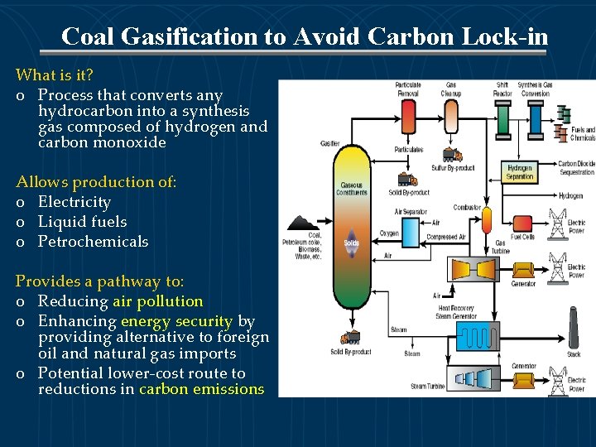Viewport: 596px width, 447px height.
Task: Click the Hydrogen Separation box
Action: click(520, 172)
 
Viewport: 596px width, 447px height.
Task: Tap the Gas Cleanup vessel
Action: click(452, 116)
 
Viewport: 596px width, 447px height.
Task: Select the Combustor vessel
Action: click(487, 220)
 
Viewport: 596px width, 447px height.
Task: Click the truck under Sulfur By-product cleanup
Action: click(452, 155)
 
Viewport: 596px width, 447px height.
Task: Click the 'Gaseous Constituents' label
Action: click(352, 189)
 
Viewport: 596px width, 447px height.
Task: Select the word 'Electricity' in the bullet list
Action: click(74, 202)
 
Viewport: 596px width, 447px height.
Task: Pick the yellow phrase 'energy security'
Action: click(176, 321)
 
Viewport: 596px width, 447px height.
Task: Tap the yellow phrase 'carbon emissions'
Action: click(202, 389)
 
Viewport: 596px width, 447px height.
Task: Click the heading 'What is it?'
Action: click(55, 75)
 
